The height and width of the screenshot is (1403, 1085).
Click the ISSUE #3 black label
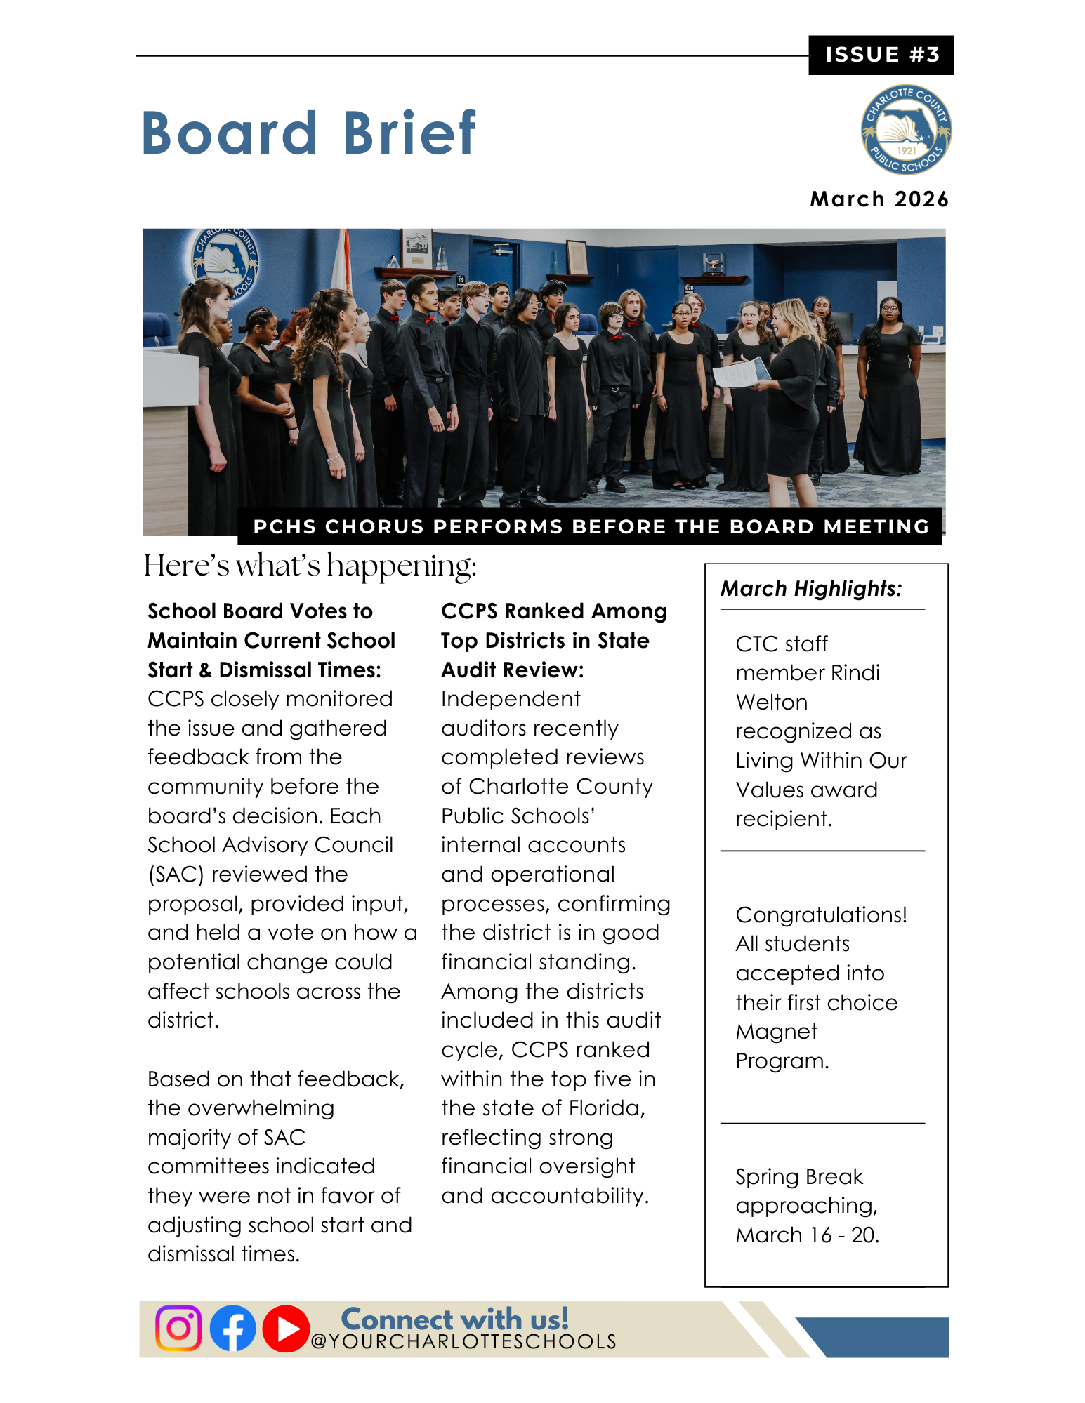[x=881, y=55]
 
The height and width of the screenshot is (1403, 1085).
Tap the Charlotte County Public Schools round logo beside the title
[x=906, y=131]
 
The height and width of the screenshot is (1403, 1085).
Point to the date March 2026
[x=879, y=199]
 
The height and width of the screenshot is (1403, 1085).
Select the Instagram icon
[x=178, y=1328]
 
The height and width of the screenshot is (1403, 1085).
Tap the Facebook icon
[x=232, y=1328]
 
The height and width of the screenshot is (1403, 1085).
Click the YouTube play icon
[x=286, y=1329]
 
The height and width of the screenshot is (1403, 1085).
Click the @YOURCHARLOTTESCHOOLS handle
[x=463, y=1342]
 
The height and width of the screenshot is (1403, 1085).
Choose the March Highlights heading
[x=811, y=588]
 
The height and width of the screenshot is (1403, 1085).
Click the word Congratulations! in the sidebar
[x=821, y=915]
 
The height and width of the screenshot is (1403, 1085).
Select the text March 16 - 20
[x=807, y=1235]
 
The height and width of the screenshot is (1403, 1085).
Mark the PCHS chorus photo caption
[x=591, y=526]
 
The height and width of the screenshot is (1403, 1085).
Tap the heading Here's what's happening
[x=310, y=566]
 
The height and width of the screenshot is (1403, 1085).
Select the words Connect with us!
[x=454, y=1319]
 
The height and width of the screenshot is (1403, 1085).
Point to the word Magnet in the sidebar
[x=776, y=1032]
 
